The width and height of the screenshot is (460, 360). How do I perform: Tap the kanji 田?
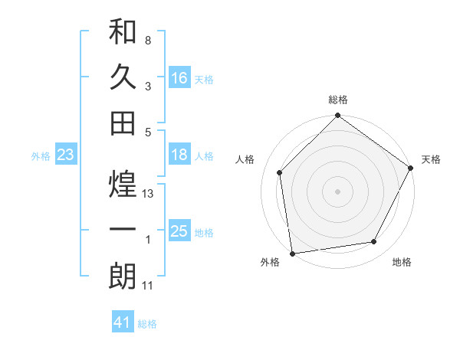(x=123, y=123)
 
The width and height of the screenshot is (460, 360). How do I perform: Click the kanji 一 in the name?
(x=123, y=231)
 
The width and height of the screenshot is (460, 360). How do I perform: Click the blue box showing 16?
(x=179, y=77)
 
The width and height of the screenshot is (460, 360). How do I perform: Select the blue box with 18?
(x=179, y=155)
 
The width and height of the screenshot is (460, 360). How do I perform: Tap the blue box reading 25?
(x=179, y=231)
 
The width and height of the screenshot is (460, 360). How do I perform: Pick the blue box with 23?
(x=66, y=155)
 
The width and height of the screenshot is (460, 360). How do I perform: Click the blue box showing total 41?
(x=123, y=322)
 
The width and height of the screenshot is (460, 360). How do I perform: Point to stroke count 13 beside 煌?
(x=149, y=194)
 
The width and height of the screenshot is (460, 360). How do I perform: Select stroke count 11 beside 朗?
(x=149, y=286)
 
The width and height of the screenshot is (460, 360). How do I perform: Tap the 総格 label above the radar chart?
(x=338, y=100)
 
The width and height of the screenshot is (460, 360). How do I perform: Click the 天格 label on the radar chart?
(x=431, y=159)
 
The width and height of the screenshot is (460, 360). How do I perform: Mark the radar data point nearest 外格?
(x=292, y=253)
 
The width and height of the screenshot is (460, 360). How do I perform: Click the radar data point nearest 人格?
(x=280, y=172)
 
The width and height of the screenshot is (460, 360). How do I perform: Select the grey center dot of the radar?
(x=337, y=191)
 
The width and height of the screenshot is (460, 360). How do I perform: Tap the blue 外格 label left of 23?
(x=41, y=156)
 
